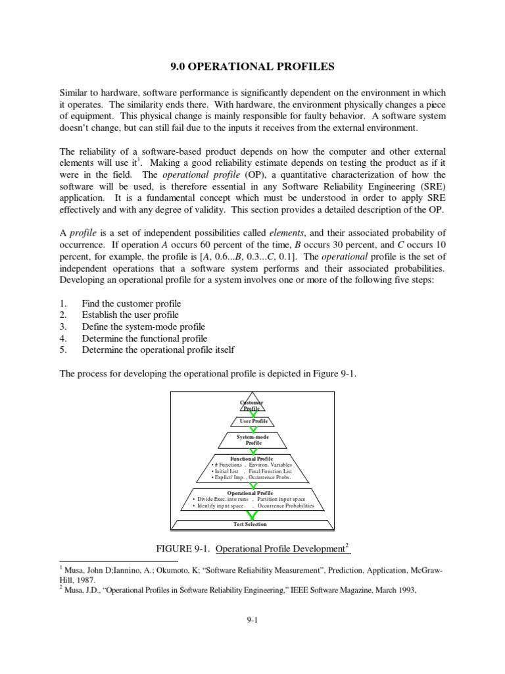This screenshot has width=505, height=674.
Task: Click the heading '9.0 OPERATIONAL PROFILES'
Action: [x=252, y=66]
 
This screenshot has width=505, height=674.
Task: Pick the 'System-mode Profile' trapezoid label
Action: [x=253, y=440]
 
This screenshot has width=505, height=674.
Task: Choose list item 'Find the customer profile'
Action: [x=131, y=303]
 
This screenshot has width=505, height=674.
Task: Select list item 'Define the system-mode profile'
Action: [x=143, y=326]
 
